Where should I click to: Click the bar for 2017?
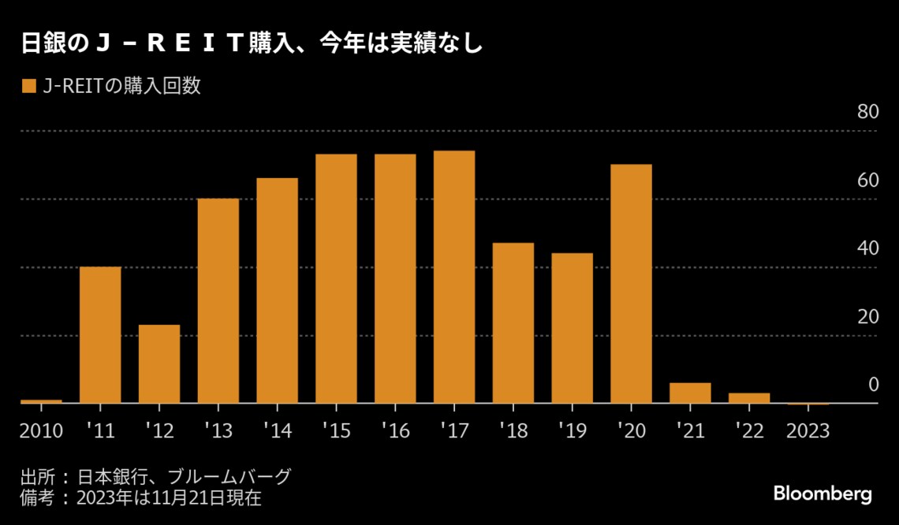click(x=454, y=277)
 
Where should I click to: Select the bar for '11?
click(x=100, y=335)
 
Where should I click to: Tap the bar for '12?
click(x=159, y=364)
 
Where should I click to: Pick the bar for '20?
click(x=631, y=284)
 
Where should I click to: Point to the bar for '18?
click(x=513, y=323)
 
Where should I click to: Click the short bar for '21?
click(x=690, y=393)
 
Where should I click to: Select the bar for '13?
click(x=218, y=300)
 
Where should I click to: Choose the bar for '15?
click(x=336, y=278)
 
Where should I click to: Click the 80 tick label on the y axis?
click(x=867, y=112)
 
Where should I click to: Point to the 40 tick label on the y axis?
click(x=867, y=248)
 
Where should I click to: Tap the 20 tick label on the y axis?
click(x=867, y=317)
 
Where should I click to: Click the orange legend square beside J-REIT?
click(x=28, y=86)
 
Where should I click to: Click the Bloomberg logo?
click(x=823, y=494)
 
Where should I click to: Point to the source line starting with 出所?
click(x=155, y=477)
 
